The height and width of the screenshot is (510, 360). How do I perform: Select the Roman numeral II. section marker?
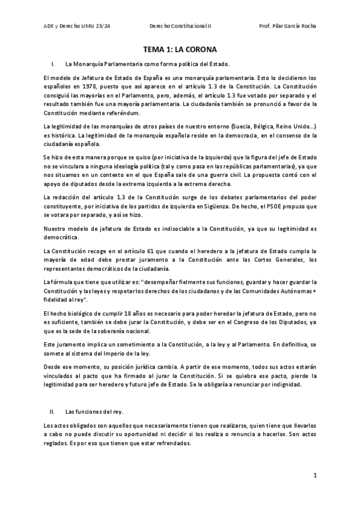click(x=52, y=412)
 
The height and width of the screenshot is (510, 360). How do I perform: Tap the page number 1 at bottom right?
click(x=315, y=475)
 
